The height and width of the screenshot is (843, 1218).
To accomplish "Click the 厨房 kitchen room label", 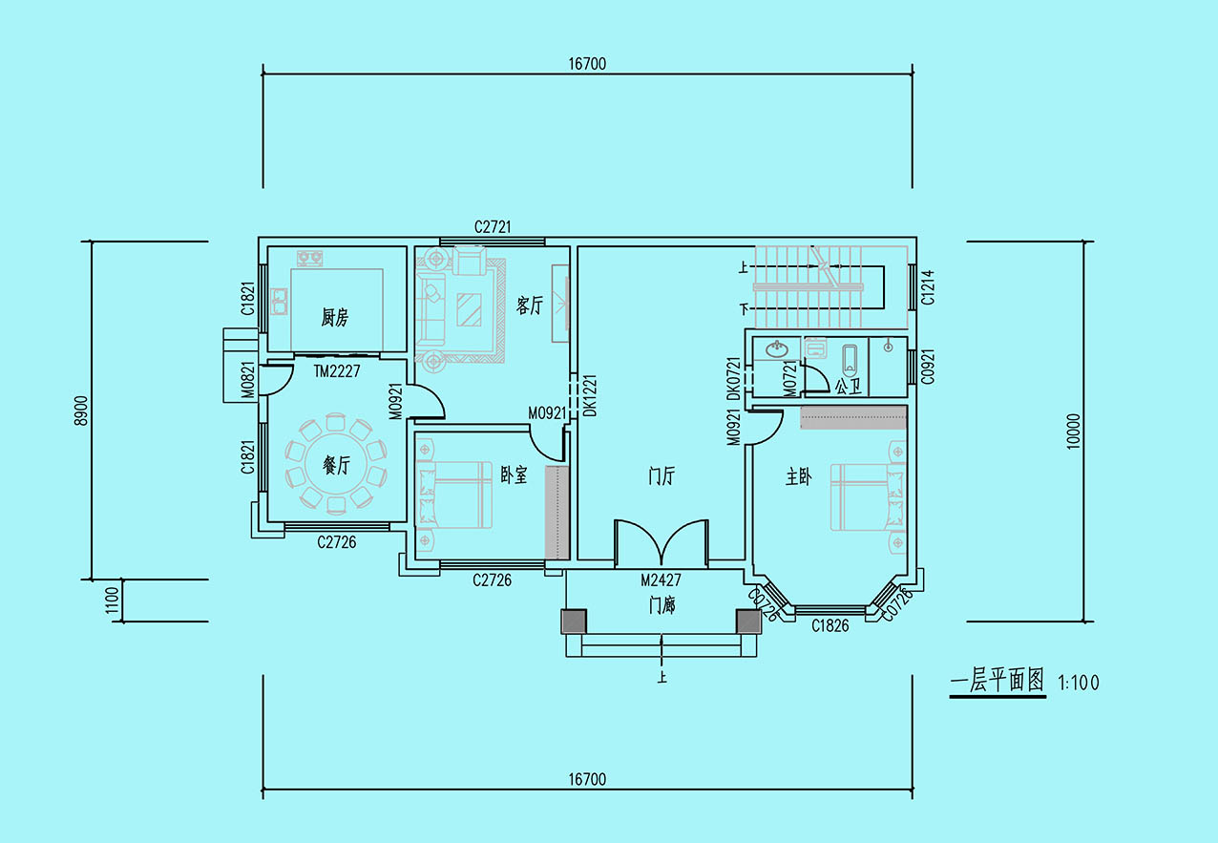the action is point(334,317).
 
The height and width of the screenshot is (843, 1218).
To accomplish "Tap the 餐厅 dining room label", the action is point(336,465).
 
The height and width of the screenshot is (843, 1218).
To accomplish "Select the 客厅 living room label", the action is point(530,306).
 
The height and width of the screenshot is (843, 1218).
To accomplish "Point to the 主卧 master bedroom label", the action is point(798,477).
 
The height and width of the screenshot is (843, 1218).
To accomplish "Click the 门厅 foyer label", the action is point(661,475).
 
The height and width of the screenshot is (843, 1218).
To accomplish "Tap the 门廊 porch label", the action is point(661,605).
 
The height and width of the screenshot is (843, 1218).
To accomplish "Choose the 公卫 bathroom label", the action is point(849,386).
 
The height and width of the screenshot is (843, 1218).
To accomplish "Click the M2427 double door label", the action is point(661,580).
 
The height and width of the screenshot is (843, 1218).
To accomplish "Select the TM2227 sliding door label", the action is point(337,371).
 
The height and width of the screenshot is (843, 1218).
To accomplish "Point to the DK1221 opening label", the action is point(590,395).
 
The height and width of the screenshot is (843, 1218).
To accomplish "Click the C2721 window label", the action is point(493,227).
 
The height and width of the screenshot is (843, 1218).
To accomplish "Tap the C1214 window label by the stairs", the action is point(928,287).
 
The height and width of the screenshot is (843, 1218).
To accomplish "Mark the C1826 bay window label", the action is point(829,626).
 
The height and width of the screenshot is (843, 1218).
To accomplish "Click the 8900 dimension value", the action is point(81,411).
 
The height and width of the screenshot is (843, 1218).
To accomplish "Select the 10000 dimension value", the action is point(1073,432).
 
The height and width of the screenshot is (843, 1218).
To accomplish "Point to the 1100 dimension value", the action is point(112,601).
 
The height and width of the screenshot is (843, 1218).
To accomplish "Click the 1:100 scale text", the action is point(1079,683).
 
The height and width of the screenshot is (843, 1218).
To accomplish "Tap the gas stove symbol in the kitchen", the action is point(310,258).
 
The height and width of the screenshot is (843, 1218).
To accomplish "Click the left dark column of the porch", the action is point(574,622).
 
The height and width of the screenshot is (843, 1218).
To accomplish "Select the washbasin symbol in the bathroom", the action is point(777,348).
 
